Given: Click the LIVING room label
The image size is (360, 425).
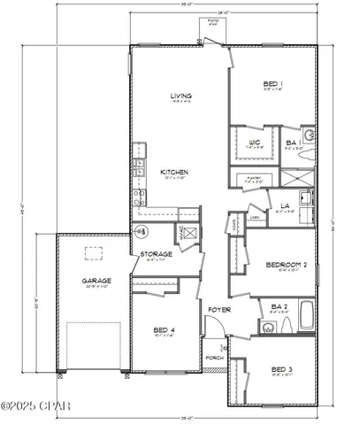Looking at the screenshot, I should coord(181,97).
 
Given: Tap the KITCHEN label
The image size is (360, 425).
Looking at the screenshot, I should coord(172,172).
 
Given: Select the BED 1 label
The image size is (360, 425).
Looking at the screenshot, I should coord(272,85).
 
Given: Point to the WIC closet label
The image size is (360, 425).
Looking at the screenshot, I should coord(253,141).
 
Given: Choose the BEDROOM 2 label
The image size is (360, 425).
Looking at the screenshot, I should coord(286,265).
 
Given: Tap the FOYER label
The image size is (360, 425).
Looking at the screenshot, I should coord(218,309).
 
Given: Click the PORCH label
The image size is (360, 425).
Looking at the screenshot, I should coord(214,358).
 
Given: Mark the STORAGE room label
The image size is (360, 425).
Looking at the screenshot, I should coord(156,255).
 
